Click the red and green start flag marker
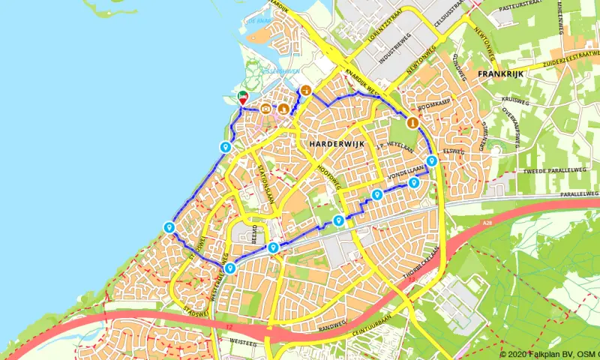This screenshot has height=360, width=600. point(243,97)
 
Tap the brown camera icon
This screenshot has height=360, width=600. point(266,109)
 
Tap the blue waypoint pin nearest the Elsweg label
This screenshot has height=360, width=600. point(432,161)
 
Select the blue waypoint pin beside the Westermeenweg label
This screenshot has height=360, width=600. point(229,268)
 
